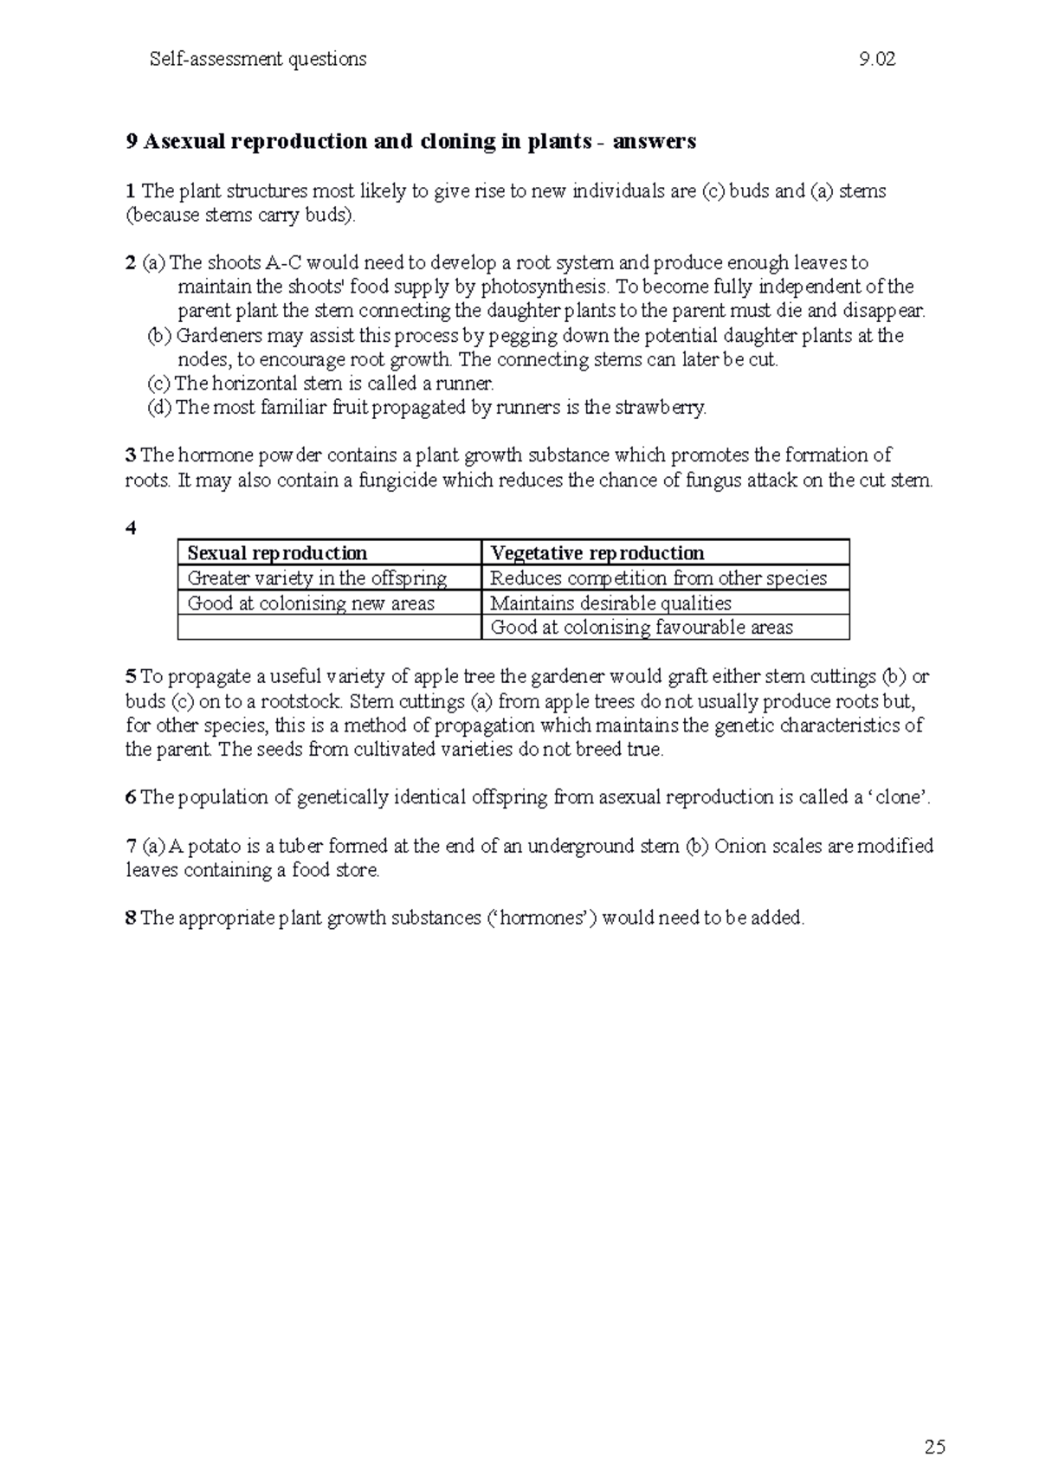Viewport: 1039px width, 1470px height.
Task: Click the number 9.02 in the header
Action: pos(876,60)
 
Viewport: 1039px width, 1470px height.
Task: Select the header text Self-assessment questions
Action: pos(258,60)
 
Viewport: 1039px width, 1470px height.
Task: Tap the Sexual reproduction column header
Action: pos(277,553)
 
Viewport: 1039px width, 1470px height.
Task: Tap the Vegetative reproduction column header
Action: pos(597,553)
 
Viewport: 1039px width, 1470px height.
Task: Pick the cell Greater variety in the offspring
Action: pos(317,578)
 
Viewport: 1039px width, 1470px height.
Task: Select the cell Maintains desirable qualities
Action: pos(610,603)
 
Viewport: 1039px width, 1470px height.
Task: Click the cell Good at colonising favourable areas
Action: pos(642,628)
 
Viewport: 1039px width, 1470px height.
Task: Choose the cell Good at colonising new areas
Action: pos(311,603)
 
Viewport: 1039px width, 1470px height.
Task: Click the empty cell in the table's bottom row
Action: pos(329,628)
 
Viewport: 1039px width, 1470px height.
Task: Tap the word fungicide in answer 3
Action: pos(397,480)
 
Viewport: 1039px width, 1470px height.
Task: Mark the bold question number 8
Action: pos(131,919)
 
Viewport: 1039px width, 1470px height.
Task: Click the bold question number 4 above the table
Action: pos(131,529)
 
